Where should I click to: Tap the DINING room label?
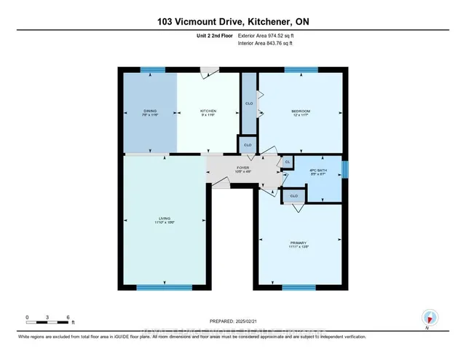(x=150, y=113)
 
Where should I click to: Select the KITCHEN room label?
(x=208, y=113)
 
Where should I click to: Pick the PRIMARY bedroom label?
(x=299, y=244)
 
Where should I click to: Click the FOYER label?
(x=242, y=170)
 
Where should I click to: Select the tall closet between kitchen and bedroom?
(x=249, y=103)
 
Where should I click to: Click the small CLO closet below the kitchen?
(x=247, y=145)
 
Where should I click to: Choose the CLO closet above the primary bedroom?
(x=294, y=195)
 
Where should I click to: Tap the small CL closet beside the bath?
(x=287, y=162)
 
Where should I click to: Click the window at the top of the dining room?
(x=152, y=70)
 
